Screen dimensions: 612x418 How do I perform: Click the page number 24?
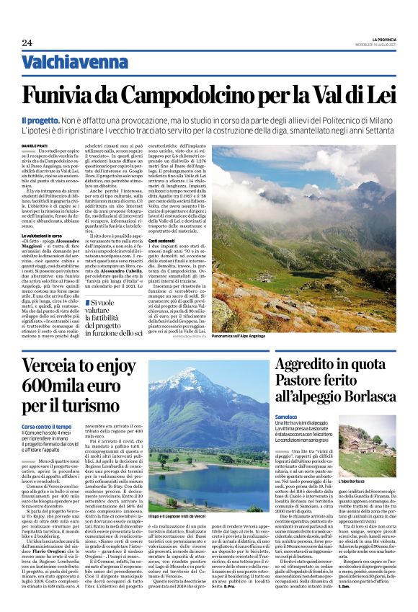(x=27, y=43)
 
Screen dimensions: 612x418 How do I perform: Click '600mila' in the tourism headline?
(x=52, y=387)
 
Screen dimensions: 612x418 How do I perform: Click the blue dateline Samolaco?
(x=287, y=417)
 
